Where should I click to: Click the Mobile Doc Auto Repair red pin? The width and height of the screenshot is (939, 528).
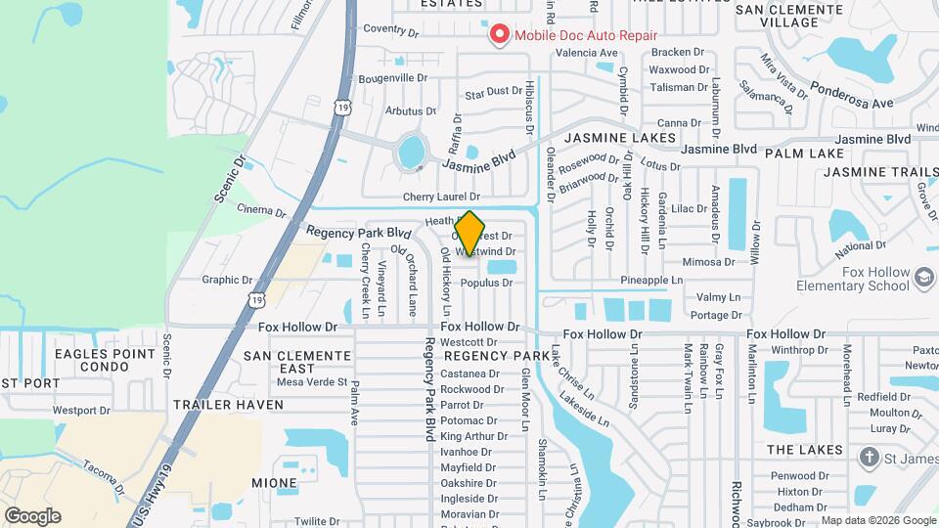pos(500,35)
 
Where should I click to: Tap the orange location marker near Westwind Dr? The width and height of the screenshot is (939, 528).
pos(470,234)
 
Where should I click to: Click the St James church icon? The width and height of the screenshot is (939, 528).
pos(868,458)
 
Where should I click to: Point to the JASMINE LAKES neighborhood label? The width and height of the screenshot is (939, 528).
pos(620,138)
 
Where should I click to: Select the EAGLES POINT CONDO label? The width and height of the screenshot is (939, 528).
pos(105,360)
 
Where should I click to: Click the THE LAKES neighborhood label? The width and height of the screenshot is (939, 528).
pos(805,450)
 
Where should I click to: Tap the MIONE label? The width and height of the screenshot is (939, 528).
pos(274,483)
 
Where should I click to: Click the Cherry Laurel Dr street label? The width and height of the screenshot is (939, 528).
pos(441,197)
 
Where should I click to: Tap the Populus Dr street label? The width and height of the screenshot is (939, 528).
pos(486,283)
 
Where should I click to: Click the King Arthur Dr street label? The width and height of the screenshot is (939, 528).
pos(469,436)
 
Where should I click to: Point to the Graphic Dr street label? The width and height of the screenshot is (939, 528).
pos(227,280)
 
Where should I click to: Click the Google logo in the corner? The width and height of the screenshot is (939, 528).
pos(32,516)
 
